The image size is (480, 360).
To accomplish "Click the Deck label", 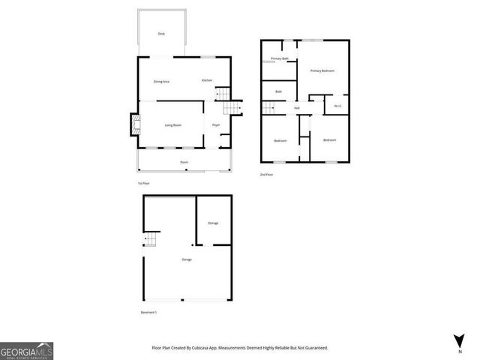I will coord(161,34).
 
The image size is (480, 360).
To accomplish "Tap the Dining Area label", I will coord(161,81).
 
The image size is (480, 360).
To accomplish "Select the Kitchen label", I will coord(207,80).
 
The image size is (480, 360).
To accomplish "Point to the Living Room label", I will coord(174,124).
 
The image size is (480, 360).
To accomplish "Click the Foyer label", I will coord(216,124).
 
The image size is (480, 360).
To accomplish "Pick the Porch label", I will coord(184,162).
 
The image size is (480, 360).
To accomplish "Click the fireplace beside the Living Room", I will coord(135,124).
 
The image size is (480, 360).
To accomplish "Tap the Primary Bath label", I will coord(280,58).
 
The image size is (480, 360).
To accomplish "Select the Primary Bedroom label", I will coord(322,70).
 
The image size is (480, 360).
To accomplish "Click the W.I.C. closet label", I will coord(338,106).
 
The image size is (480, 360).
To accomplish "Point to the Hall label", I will coord(297,108).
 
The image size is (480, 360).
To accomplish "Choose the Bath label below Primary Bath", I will coord(278,91).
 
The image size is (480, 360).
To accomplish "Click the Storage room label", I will coord(213,223).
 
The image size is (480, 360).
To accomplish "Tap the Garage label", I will coord(187,259).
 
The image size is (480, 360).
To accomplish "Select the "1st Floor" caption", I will coord(143,183).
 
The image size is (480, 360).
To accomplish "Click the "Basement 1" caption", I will coord(148,312).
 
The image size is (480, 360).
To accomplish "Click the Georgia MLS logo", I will coord(26,350).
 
